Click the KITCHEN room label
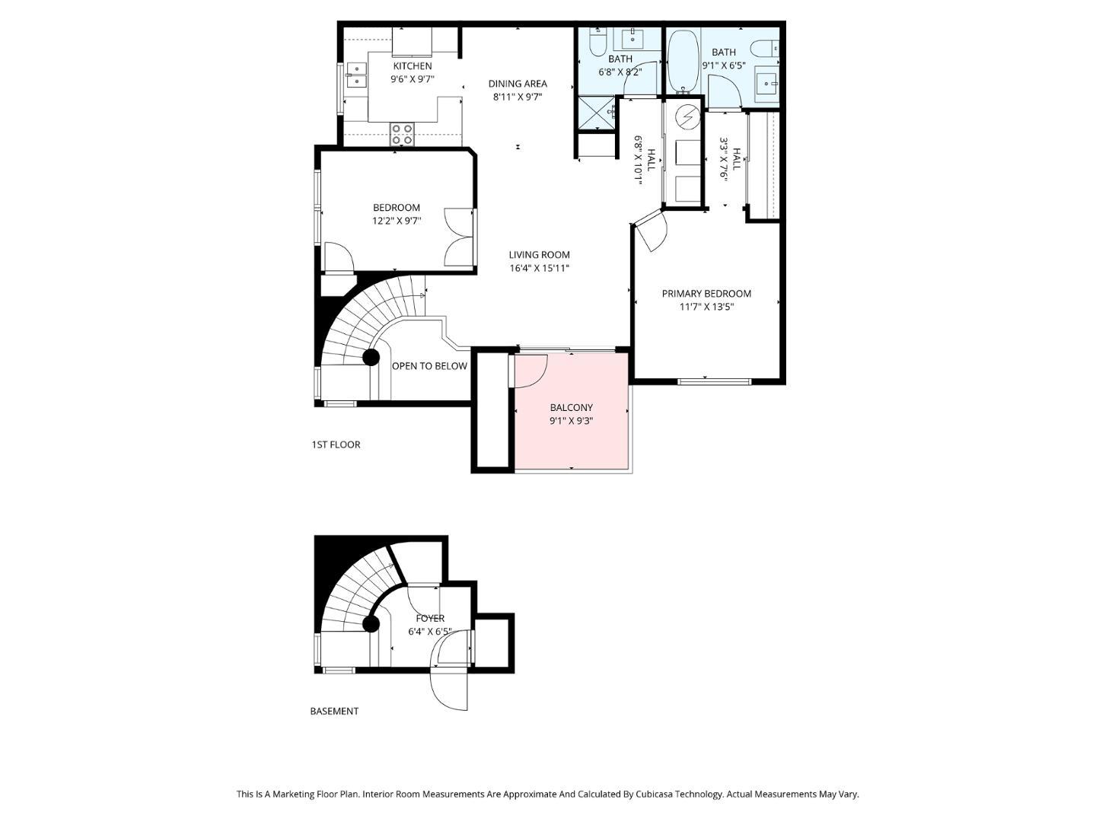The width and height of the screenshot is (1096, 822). tap(412, 66)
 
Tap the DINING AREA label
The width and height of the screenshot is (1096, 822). tap(518, 84)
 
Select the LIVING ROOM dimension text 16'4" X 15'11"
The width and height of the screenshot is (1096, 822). tap(540, 268)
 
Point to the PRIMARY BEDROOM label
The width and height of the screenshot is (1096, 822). tap(706, 294)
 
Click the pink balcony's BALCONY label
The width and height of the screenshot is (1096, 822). tap(572, 407)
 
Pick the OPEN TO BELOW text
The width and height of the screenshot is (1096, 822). tap(429, 366)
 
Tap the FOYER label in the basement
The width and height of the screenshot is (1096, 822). tap(430, 618)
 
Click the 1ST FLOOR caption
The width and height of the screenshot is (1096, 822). tap(336, 444)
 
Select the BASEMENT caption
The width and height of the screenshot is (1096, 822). tap(334, 711)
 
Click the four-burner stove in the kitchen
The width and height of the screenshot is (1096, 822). tap(402, 134)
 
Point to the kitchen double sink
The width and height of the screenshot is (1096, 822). tap(355, 75)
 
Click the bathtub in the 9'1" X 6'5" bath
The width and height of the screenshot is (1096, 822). tap(683, 62)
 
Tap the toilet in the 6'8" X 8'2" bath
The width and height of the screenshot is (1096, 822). tap(597, 43)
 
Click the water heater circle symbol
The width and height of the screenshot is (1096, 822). tap(687, 116)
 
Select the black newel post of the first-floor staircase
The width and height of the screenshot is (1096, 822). tap(371, 358)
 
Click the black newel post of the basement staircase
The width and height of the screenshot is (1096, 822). tap(371, 624)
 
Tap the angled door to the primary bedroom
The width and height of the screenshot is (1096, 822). tap(650, 231)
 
